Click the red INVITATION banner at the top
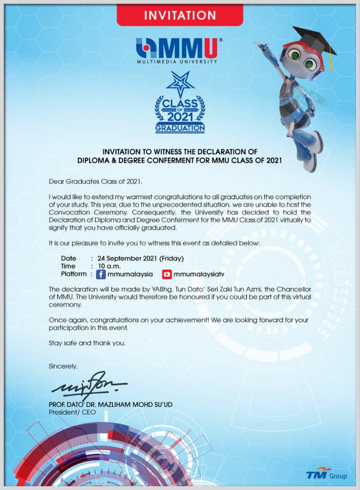[180, 15]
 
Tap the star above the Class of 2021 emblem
[180, 84]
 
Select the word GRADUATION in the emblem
[180, 128]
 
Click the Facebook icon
[101, 274]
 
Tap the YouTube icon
[167, 274]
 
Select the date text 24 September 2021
[127, 259]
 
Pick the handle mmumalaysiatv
[199, 274]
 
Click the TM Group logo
[326, 475]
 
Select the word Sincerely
[63, 366]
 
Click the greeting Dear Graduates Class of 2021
[95, 182]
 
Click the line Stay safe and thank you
[87, 343]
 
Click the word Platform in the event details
[73, 274]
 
